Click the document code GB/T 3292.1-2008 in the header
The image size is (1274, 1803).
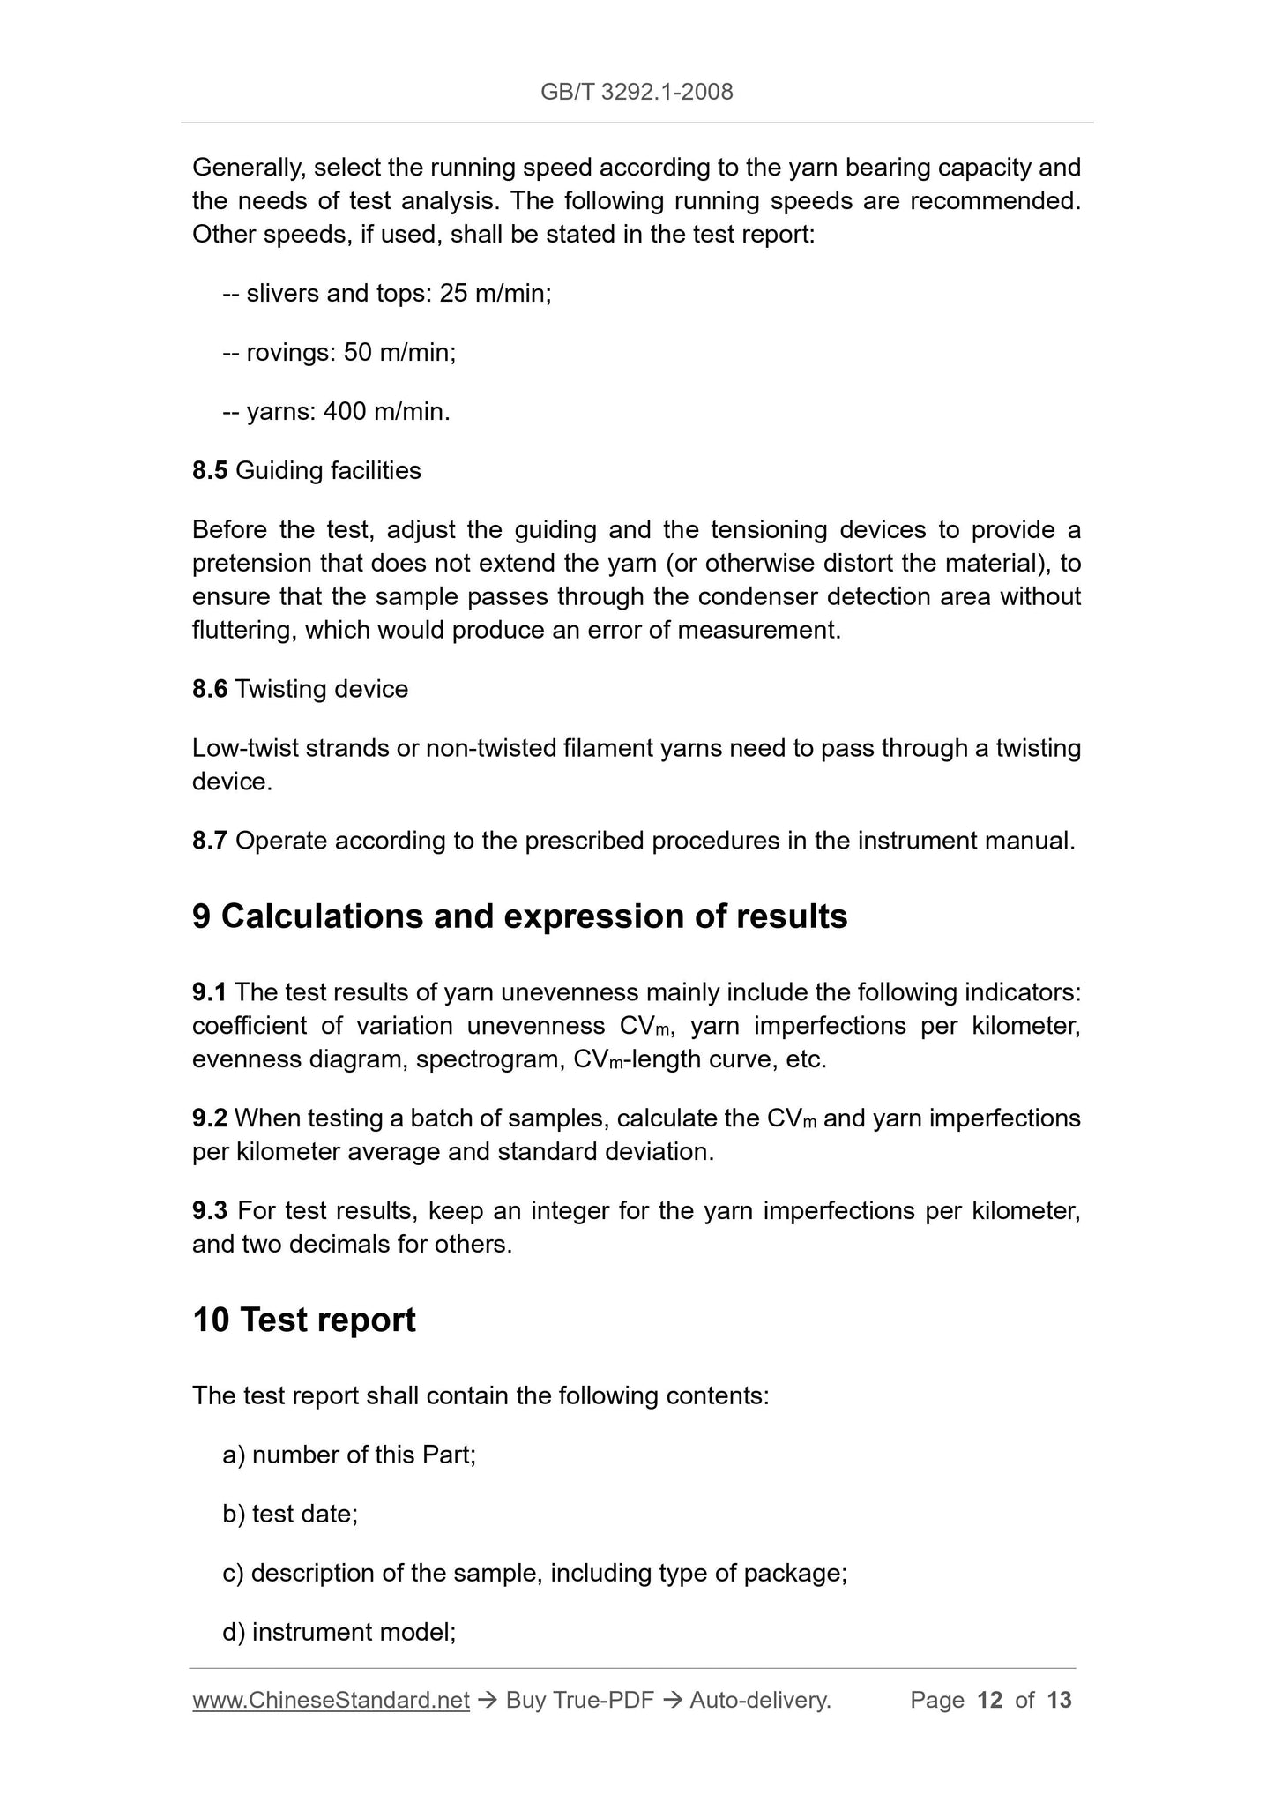coord(637,92)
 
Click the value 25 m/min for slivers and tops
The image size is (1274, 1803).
coord(495,294)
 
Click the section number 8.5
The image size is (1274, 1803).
coord(210,471)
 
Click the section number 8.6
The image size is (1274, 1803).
coord(210,690)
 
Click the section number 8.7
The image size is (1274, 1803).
coord(210,842)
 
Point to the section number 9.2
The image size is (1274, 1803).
coord(210,1118)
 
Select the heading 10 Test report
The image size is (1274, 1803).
coord(304,1320)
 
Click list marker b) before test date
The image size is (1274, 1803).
coord(234,1515)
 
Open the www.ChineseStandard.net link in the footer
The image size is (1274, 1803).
coord(331,1701)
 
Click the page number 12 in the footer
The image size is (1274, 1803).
coord(990,1701)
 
